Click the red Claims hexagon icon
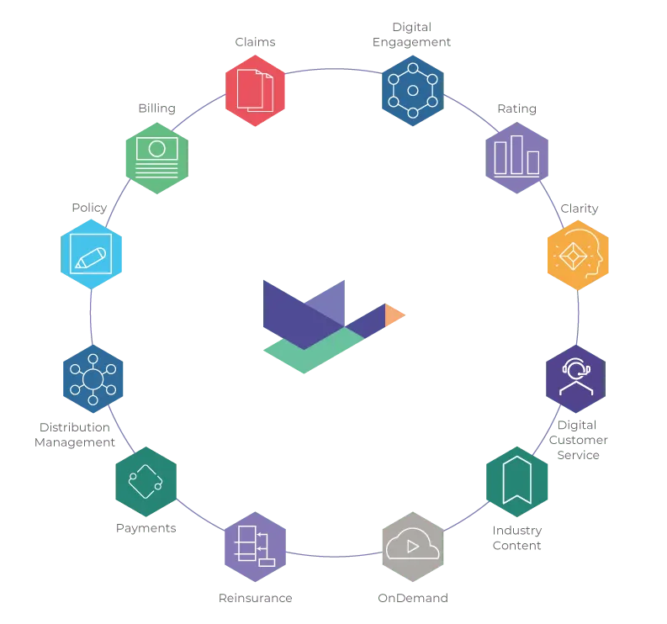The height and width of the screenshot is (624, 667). [255, 91]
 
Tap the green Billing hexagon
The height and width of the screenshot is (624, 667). [157, 158]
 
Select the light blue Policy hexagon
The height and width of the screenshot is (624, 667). [91, 254]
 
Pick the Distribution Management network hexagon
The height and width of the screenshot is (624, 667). [93, 378]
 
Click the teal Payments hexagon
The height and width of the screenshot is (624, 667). [146, 482]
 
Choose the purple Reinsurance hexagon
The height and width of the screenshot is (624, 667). [255, 547]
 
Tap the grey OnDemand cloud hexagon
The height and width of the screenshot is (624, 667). [413, 547]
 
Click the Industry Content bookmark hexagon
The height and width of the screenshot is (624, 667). [516, 482]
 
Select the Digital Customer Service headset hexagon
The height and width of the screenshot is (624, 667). [575, 378]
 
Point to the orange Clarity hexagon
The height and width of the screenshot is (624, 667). [578, 255]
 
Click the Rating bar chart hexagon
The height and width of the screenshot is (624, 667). [516, 158]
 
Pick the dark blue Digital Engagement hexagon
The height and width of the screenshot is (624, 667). [413, 91]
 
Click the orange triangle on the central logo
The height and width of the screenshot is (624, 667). [393, 315]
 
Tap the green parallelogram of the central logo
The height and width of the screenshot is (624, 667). [314, 350]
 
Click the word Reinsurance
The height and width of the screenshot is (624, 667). [255, 598]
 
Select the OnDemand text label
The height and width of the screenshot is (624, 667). [413, 598]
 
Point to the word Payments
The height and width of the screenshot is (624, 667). [146, 528]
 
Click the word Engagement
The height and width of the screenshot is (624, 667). [411, 42]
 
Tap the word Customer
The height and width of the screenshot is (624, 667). [578, 440]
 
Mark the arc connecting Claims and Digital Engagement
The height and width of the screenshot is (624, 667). [334, 69]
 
